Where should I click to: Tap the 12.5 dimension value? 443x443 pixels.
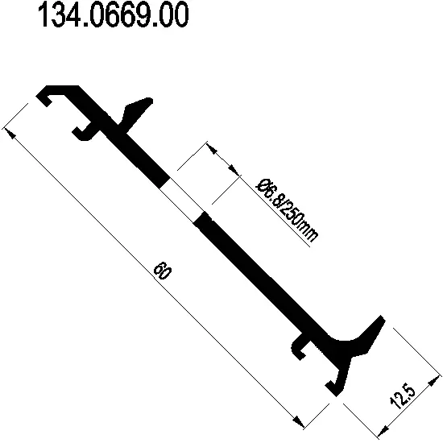pos(405,399)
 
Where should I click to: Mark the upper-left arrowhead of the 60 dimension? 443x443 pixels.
pos(11,129)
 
